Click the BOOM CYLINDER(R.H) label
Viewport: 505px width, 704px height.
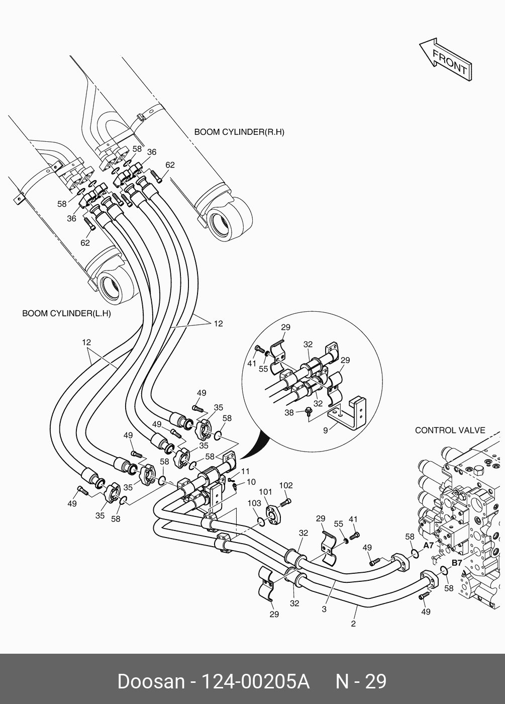click(x=239, y=132)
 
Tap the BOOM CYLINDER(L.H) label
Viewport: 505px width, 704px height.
click(x=66, y=313)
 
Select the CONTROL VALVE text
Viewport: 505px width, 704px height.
click(x=450, y=430)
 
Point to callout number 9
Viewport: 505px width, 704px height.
click(x=326, y=430)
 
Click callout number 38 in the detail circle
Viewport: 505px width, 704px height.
click(x=289, y=412)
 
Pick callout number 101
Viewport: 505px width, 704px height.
click(x=265, y=492)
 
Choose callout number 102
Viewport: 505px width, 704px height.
click(x=286, y=486)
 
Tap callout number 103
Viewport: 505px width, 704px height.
click(x=254, y=503)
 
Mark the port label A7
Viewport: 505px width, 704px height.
click(x=428, y=545)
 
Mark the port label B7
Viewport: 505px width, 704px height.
click(x=456, y=563)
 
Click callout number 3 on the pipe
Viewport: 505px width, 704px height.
click(x=324, y=609)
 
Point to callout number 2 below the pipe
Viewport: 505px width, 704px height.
click(x=353, y=624)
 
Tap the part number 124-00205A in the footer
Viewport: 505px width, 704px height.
click(x=255, y=681)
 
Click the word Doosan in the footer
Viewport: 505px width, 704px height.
click(x=151, y=681)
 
